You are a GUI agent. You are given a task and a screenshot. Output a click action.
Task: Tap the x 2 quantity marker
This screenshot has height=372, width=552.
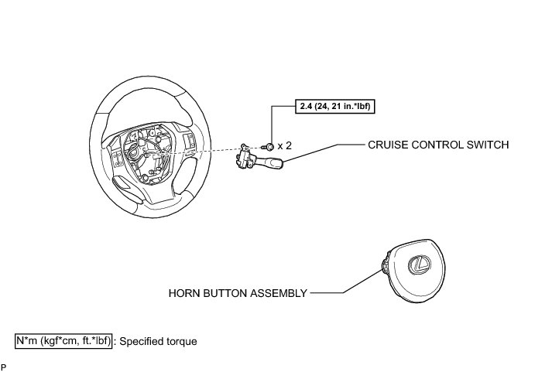tap(284, 145)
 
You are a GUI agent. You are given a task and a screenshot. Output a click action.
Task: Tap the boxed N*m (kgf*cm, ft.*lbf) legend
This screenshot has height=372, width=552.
tap(64, 340)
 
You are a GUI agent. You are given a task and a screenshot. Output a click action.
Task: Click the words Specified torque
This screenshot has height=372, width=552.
tap(159, 340)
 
